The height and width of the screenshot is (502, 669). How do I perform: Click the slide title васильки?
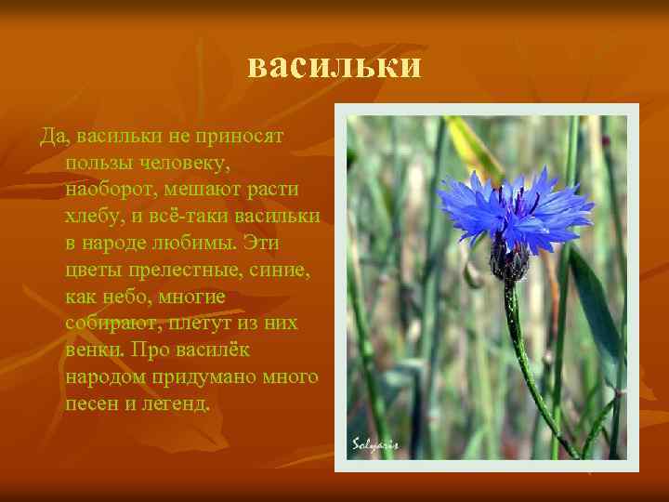334,66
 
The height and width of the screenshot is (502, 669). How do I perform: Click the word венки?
95,351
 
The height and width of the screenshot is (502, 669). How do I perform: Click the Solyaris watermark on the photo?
375,443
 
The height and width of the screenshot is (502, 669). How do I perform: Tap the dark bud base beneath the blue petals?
508,261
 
